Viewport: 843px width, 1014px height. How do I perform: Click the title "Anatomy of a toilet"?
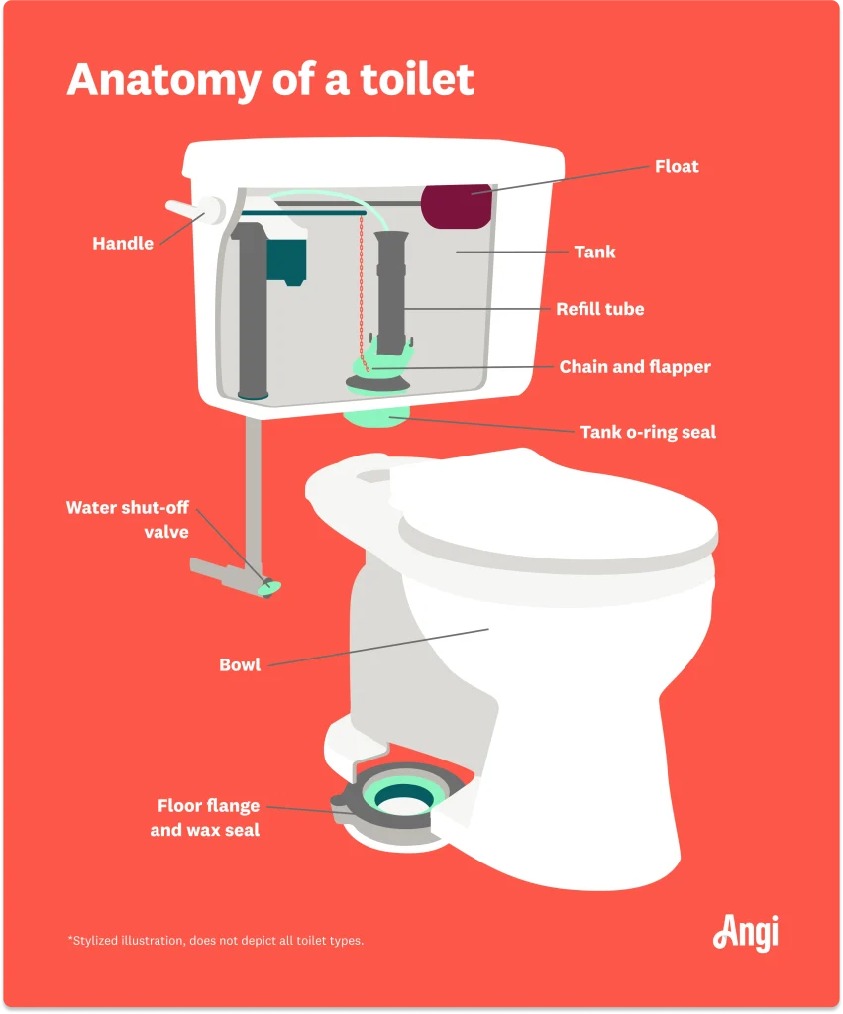point(270,79)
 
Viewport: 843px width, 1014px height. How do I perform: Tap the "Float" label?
point(677,166)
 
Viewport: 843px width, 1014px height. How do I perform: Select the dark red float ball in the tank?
point(457,206)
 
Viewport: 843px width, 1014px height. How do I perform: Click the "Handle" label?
point(123,244)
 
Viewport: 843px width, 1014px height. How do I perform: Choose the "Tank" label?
point(594,252)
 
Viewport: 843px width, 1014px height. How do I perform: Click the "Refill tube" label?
point(600,309)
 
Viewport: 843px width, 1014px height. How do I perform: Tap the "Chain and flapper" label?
point(635,367)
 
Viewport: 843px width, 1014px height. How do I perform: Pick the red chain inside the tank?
point(363,292)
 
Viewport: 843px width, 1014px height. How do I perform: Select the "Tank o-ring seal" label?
point(648,432)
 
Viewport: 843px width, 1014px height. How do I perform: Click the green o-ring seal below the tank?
point(376,416)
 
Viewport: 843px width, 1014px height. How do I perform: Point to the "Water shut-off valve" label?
point(128,519)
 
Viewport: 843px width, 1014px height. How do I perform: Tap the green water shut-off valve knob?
point(269,587)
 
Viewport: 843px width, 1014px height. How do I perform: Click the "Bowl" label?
point(240,664)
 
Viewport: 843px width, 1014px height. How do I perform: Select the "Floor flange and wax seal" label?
point(205,817)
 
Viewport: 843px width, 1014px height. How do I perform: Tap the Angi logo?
point(746,933)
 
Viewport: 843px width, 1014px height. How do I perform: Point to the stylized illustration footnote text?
point(216,941)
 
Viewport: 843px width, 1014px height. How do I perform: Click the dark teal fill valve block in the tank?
point(286,260)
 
